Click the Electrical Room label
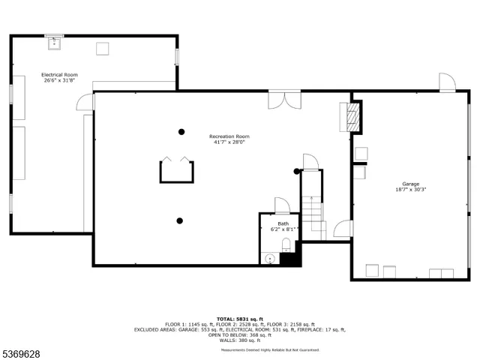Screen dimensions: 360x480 (59, 75)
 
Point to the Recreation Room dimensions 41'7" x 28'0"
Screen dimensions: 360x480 (229, 142)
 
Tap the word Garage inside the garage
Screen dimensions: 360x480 (410, 184)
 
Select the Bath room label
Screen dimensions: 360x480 (283, 223)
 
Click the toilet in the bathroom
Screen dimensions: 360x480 (285, 244)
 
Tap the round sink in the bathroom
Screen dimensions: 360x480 (270, 259)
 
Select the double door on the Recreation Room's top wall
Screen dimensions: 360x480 (285, 100)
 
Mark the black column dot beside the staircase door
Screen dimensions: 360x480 (297, 172)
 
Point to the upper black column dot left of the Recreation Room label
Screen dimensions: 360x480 (181, 132)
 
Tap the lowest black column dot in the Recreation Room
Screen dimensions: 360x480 (179, 220)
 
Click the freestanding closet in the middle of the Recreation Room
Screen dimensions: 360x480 (176, 171)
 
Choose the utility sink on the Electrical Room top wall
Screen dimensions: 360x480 (53, 43)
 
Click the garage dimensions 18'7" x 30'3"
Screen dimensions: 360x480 (410, 190)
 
